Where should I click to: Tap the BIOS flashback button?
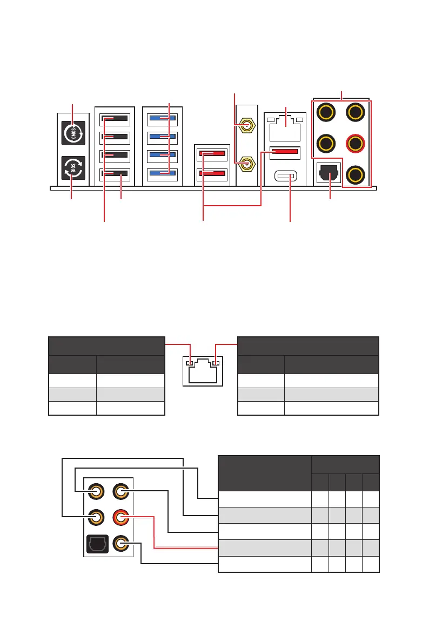pyautogui.click(x=73, y=167)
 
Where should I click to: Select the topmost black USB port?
pyautogui.click(x=115, y=119)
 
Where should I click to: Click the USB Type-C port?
pyautogui.click(x=285, y=176)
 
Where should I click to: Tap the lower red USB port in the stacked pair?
pyautogui.click(x=212, y=174)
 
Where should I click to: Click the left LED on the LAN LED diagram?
pyautogui.click(x=189, y=363)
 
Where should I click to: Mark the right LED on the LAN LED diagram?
pyautogui.click(x=216, y=363)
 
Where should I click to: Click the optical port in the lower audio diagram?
pyautogui.click(x=97, y=544)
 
